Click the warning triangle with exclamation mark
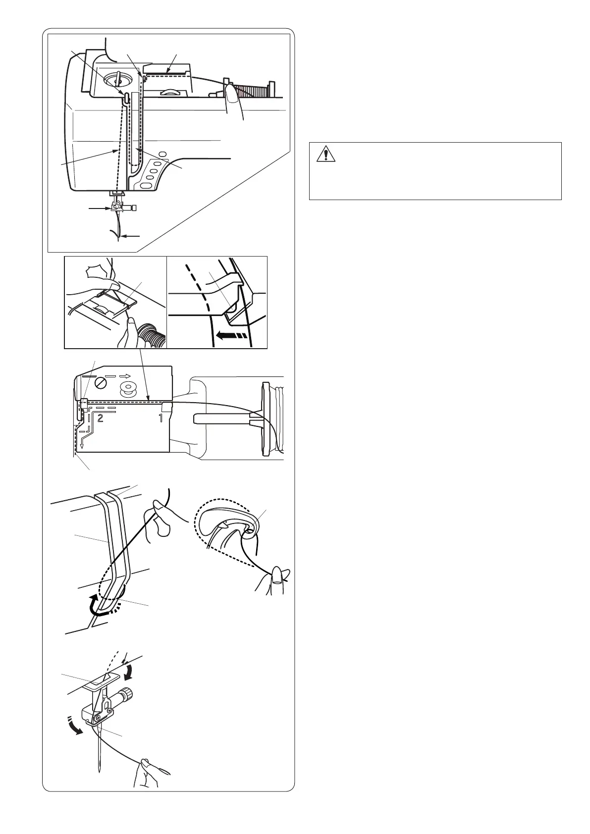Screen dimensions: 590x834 325,154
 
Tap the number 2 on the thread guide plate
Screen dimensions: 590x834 100,418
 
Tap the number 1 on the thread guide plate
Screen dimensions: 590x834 161,418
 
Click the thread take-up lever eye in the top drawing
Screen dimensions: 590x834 127,98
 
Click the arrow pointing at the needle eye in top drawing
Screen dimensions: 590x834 131,236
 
